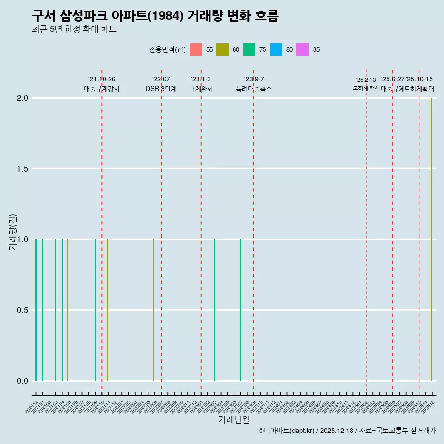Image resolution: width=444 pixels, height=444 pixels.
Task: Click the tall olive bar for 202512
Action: click(431, 239)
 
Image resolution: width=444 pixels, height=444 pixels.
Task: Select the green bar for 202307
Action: click(240, 310)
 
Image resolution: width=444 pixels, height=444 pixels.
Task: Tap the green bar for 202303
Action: click(214, 310)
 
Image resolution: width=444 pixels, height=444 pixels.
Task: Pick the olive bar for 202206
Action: click(154, 310)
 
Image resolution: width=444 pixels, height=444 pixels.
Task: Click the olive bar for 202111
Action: click(107, 310)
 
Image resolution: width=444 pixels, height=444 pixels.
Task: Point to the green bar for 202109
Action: click(95, 310)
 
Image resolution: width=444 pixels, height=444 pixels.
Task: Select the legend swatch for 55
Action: click(196, 49)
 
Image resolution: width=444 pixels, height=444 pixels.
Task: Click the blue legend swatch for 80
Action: click(276, 49)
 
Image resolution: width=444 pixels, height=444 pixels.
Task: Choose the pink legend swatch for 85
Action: click(303, 49)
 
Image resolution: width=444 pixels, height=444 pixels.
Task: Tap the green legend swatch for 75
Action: click(249, 49)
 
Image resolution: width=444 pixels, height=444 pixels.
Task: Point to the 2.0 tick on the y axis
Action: click(23, 98)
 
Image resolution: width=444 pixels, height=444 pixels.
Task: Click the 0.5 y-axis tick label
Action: click(23, 310)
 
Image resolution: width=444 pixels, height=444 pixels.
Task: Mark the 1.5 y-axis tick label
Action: click(23, 169)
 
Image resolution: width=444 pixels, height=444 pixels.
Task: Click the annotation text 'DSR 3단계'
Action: click(161, 89)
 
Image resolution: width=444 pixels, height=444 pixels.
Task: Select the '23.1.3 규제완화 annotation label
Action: click(201, 84)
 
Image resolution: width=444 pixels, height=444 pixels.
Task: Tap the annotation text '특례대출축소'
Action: click(254, 89)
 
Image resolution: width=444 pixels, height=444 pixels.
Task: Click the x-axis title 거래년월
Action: click(234, 420)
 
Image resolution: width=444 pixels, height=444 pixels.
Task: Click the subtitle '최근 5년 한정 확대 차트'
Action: click(74, 30)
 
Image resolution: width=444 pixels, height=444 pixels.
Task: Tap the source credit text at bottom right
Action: click(347, 431)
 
